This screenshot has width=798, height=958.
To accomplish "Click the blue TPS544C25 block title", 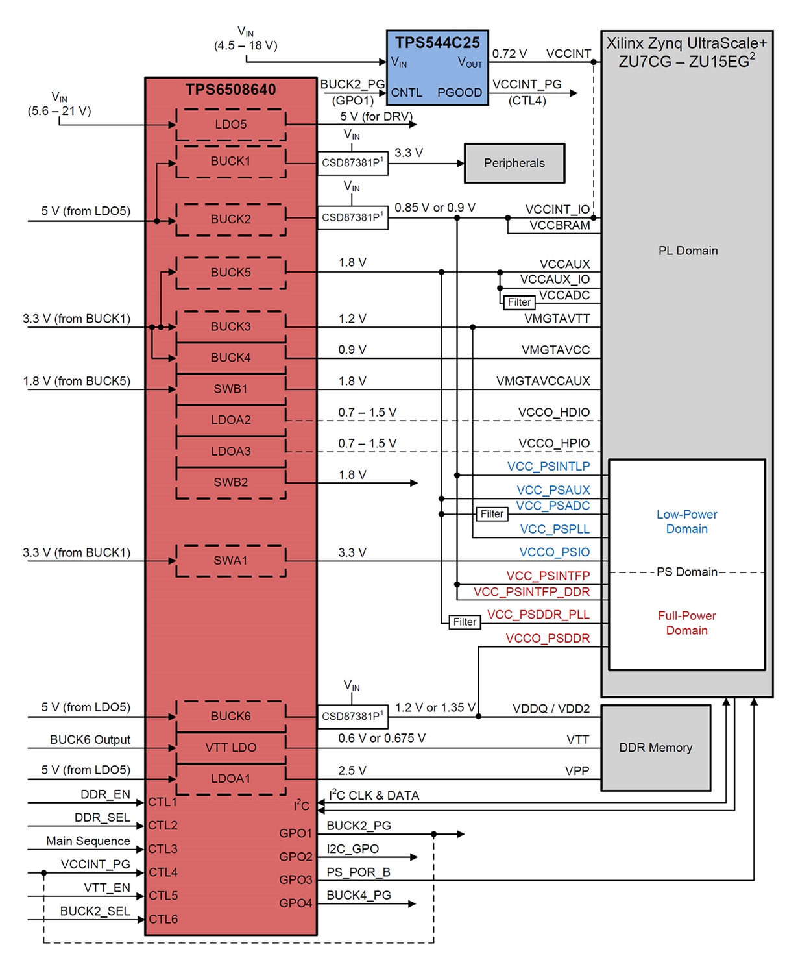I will (x=437, y=43).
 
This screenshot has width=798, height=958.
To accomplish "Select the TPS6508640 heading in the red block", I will (x=231, y=90).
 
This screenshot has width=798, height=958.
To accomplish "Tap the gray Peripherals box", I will (x=514, y=163).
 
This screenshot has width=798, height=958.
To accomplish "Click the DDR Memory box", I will (x=655, y=748).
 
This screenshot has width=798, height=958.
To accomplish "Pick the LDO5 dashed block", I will (x=231, y=125).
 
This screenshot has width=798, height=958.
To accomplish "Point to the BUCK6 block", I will (x=231, y=717).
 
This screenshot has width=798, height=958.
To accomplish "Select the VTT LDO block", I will (x=231, y=748).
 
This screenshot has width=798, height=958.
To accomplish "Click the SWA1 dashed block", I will (x=231, y=561).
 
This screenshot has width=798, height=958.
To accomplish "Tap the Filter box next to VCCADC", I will (x=519, y=302).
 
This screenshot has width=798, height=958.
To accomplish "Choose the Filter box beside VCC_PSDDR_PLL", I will (x=465, y=622).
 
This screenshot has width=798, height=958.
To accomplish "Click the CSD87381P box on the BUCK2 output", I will (x=352, y=217).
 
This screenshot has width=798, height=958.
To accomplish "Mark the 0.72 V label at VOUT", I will (x=509, y=54).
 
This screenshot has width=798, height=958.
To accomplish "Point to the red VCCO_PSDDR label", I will (x=548, y=639).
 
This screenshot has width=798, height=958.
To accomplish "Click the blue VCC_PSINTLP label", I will (x=548, y=467).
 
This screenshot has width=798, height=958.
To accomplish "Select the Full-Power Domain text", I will (x=687, y=623).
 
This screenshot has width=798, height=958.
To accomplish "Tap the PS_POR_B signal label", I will (x=358, y=872).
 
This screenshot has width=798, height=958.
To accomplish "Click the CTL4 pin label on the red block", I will (x=163, y=872).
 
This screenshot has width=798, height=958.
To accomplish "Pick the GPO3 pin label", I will (x=296, y=880).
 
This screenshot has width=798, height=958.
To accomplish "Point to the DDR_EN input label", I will (x=105, y=795).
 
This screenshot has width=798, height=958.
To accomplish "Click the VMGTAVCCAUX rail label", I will (x=543, y=381).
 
